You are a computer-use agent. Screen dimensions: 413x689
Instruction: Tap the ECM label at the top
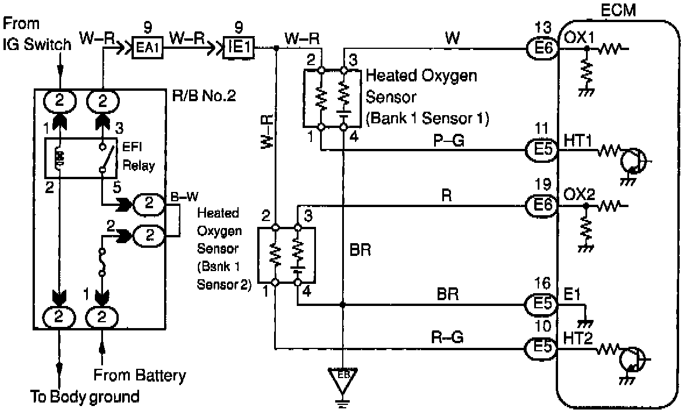[618, 10]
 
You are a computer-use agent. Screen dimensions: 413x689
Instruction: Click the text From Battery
[140, 375]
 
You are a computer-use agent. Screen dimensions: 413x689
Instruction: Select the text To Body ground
[84, 397]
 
